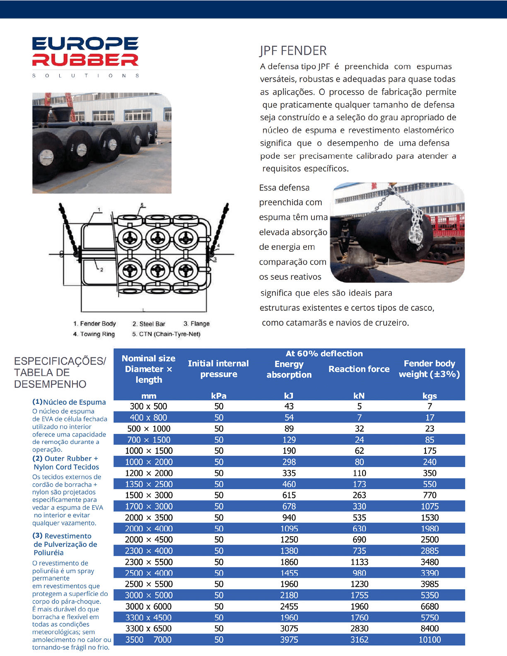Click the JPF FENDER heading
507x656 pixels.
point(293,51)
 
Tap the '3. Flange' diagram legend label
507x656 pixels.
point(196,324)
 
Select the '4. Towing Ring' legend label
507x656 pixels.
point(94,334)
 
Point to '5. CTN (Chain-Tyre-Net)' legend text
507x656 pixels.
point(166,334)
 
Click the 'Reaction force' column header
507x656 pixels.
point(359,369)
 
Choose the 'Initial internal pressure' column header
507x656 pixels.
point(218,369)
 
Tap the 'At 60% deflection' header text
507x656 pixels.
point(324,354)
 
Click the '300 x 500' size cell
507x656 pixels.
point(148,406)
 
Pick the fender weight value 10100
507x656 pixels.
point(430,639)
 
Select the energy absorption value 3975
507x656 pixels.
point(289,639)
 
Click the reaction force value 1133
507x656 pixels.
point(359,562)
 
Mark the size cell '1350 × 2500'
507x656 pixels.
point(148,484)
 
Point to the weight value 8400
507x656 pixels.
point(430,628)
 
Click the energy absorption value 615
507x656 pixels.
point(289,495)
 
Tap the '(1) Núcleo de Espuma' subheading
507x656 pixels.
point(69,402)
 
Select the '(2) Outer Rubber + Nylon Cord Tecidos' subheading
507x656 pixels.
point(66,463)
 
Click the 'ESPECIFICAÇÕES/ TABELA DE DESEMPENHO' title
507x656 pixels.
point(60,372)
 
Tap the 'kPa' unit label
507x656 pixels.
point(219,396)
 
